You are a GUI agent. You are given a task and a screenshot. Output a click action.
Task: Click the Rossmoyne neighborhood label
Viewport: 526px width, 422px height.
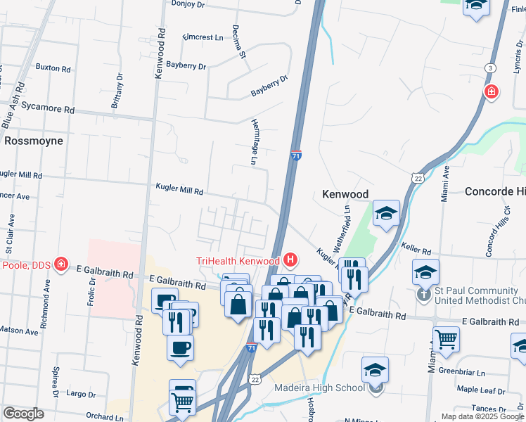[34, 141]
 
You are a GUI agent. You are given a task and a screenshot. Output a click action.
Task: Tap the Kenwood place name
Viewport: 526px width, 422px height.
[345, 193]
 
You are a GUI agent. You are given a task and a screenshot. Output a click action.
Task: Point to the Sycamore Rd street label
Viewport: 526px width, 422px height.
[48, 110]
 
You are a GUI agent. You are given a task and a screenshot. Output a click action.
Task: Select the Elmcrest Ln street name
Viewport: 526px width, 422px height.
[202, 36]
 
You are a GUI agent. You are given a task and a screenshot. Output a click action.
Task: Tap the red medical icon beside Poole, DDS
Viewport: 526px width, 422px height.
[62, 264]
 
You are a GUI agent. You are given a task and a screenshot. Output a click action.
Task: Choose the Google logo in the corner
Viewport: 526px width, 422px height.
[23, 414]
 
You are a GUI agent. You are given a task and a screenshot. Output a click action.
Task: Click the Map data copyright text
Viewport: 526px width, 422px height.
[482, 416]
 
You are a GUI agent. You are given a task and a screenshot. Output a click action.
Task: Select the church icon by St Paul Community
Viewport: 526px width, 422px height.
[424, 294]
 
